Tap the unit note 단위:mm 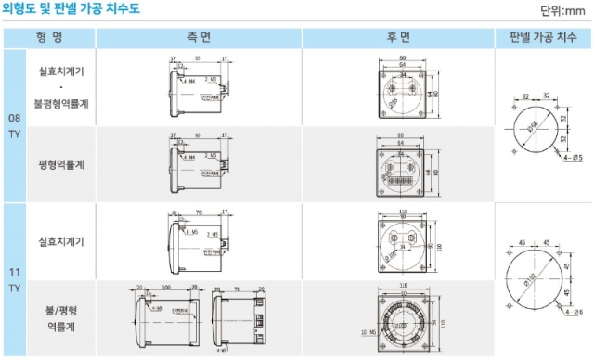(565, 12)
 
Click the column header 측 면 (199, 38)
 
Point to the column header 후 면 (398, 38)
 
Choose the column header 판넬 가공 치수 (543, 38)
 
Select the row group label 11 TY (14, 279)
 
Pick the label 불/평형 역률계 (62, 318)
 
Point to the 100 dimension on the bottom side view (165, 288)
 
